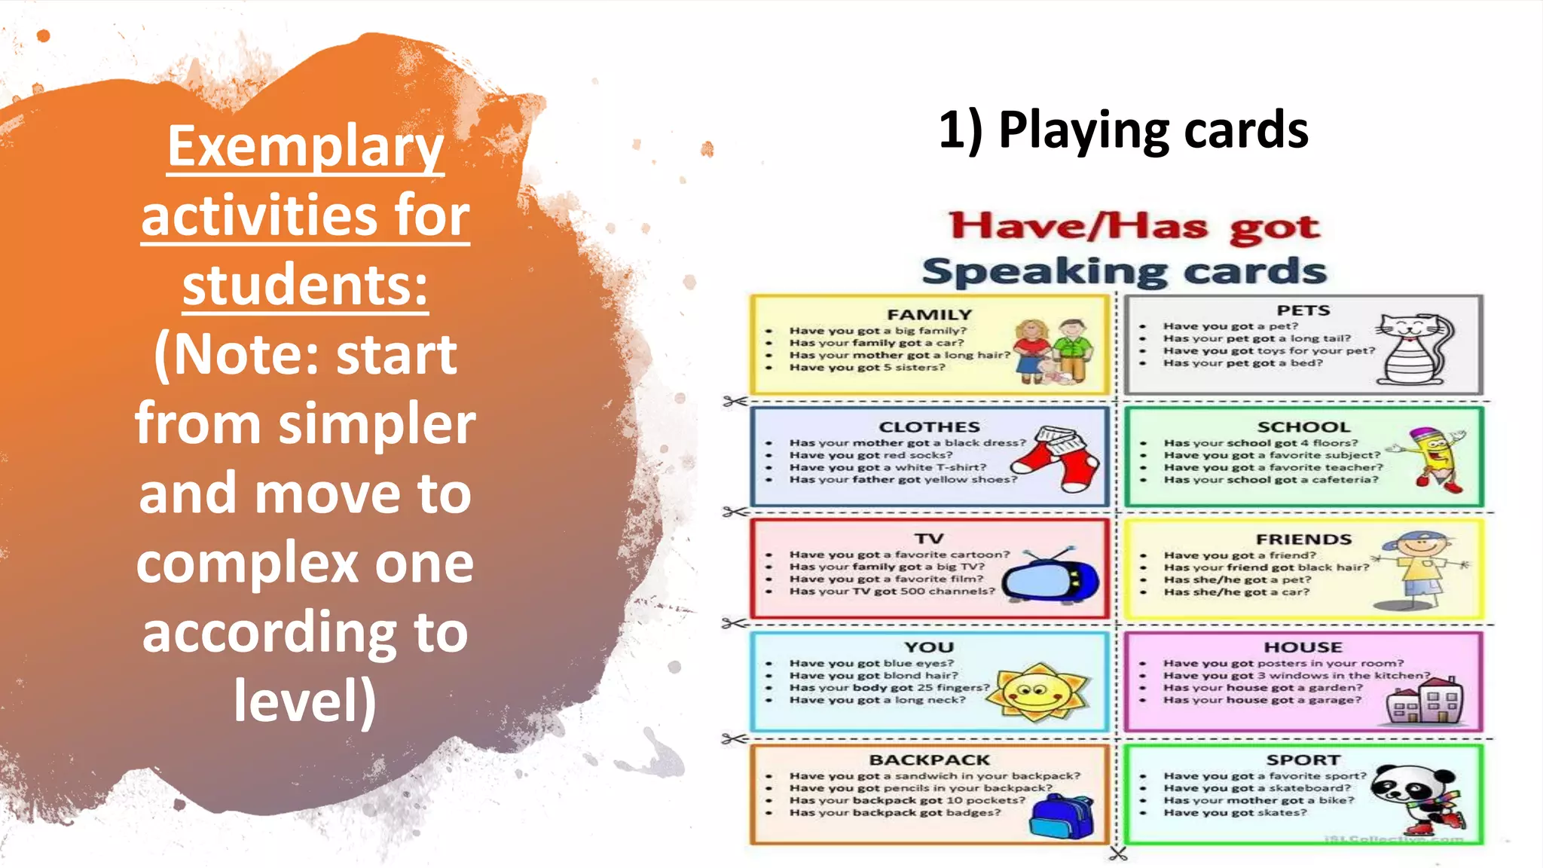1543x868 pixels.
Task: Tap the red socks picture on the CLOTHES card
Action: [1062, 457]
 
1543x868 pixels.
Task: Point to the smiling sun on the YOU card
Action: [1037, 692]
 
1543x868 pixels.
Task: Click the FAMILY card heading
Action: [929, 315]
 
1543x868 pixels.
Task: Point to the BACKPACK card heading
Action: [929, 760]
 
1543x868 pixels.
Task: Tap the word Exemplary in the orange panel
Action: [305, 146]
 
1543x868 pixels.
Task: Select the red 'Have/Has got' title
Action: [1134, 227]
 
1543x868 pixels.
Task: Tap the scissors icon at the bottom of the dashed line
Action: [1118, 854]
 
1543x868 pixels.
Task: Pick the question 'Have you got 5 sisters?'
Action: [866, 368]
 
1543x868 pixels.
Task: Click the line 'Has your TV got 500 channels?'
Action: [891, 591]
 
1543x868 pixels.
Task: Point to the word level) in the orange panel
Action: [305, 701]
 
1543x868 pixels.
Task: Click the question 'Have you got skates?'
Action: [1235, 813]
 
